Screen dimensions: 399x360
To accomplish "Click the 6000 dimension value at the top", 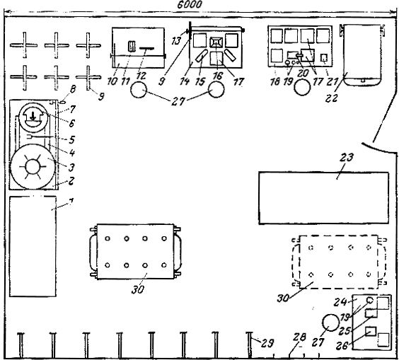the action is pyautogui.click(x=190, y=5).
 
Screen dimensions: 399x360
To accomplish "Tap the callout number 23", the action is pyautogui.click(x=347, y=158).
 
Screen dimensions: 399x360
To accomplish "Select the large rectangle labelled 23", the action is pyautogui.click(x=324, y=198).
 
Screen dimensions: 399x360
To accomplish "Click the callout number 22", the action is pyautogui.click(x=331, y=98).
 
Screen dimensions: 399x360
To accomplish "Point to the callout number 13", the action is pyautogui.click(x=176, y=41).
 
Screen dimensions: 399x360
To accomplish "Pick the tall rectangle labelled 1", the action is pyautogui.click(x=33, y=246).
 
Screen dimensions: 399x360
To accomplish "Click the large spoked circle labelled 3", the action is pyautogui.click(x=33, y=167).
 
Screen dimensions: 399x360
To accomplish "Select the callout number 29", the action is pyautogui.click(x=267, y=344).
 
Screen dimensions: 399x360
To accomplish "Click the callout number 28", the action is pyautogui.click(x=299, y=337).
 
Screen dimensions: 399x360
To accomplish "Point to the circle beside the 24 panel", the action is pyautogui.click(x=331, y=323).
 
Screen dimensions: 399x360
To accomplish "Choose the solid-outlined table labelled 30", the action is pyautogui.click(x=135, y=252).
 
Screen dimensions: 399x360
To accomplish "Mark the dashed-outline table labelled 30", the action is pyautogui.click(x=340, y=262).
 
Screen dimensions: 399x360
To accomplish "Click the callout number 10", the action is pyautogui.click(x=112, y=81).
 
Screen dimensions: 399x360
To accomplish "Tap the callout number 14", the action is pyautogui.click(x=185, y=81).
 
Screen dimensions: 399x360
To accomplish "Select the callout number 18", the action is pyautogui.click(x=274, y=81).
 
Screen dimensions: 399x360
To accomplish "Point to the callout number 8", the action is pyautogui.click(x=73, y=89).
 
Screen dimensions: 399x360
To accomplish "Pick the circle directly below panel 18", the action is pyautogui.click(x=302, y=87).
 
